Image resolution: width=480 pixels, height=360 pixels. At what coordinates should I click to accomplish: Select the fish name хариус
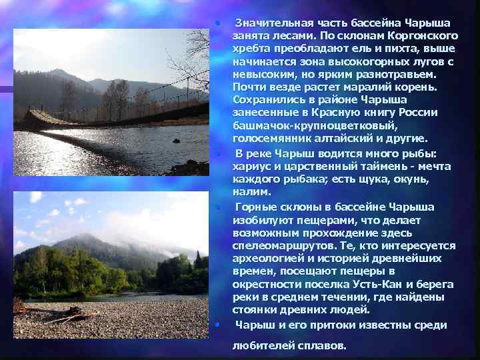pyautogui.click(x=253, y=166)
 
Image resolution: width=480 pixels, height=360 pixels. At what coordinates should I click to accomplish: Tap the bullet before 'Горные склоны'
pyautogui.click(x=218, y=207)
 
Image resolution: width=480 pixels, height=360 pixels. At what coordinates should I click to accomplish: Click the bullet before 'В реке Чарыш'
pyautogui.click(x=218, y=154)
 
